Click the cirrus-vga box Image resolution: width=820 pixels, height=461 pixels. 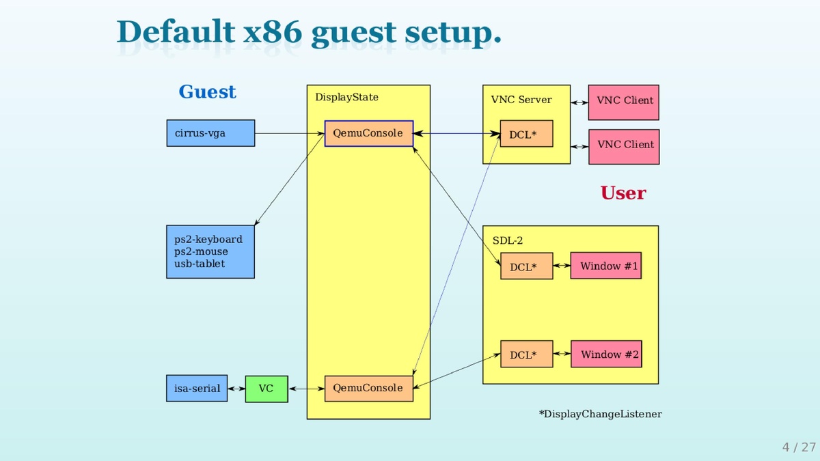point(210,133)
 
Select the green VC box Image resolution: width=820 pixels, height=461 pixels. point(266,389)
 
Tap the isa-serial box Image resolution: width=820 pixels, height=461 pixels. point(197,389)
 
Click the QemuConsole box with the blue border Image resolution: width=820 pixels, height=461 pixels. point(368,133)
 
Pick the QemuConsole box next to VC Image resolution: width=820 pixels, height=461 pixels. point(368,388)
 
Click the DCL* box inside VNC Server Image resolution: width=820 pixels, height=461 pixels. point(526,135)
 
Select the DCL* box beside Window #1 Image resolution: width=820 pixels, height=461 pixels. point(526,266)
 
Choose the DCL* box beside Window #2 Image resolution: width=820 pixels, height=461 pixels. point(526,354)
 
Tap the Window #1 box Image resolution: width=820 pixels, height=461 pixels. point(606,266)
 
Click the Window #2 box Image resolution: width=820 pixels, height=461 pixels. point(606,354)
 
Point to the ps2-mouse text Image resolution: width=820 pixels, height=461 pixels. point(201,251)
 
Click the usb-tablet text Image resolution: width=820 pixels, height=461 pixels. point(200,264)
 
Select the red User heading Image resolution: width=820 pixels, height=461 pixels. point(623,193)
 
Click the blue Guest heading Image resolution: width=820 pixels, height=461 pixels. point(207,92)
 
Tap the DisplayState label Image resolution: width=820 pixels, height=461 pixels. point(346,97)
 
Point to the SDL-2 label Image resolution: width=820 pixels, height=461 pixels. point(508,240)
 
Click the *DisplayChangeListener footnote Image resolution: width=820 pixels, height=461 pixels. point(600,414)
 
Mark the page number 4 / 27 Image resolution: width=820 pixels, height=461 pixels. point(799,447)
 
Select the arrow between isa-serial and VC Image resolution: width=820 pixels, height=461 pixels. point(236,389)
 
